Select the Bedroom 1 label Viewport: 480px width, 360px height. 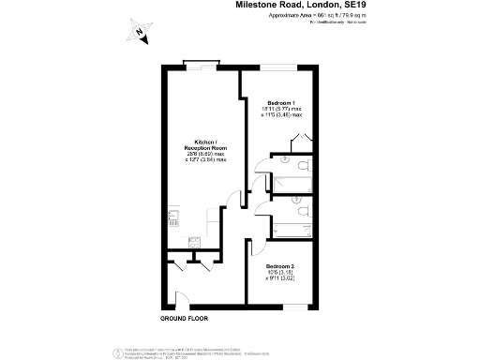pos(281,102)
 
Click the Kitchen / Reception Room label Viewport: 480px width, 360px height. pos(203,143)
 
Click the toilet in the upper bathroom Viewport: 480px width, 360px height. pos(284,159)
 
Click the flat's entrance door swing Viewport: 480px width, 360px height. pos(183,300)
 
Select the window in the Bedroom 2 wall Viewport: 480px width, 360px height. pos(294,306)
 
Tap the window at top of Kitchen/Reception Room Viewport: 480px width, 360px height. pos(200,64)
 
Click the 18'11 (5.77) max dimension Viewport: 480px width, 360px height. pos(281,109)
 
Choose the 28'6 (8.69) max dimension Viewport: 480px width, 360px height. pos(203,154)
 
